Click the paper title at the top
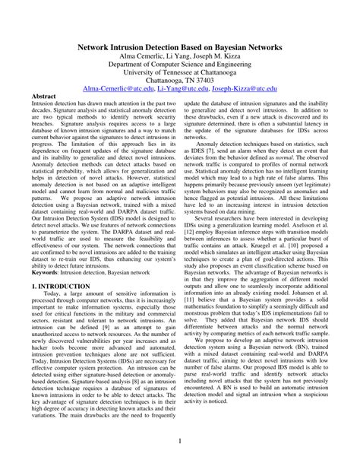pos(181,47)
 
